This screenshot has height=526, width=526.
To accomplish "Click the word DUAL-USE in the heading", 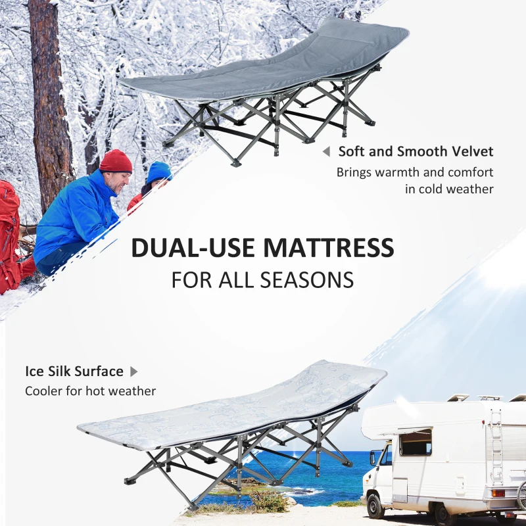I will (193, 248).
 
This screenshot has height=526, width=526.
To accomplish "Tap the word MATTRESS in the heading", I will (329, 248).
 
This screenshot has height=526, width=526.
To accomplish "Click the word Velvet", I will (470, 151).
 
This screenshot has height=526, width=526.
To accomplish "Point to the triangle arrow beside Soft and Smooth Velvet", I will (325, 152).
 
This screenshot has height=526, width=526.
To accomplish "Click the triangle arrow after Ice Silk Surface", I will (134, 371).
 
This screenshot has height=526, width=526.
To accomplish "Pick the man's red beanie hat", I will (116, 160).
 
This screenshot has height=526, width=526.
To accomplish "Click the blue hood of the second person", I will (158, 172).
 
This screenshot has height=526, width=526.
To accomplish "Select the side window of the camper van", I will (416, 442).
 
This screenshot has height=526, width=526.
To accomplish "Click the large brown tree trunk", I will (49, 99).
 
